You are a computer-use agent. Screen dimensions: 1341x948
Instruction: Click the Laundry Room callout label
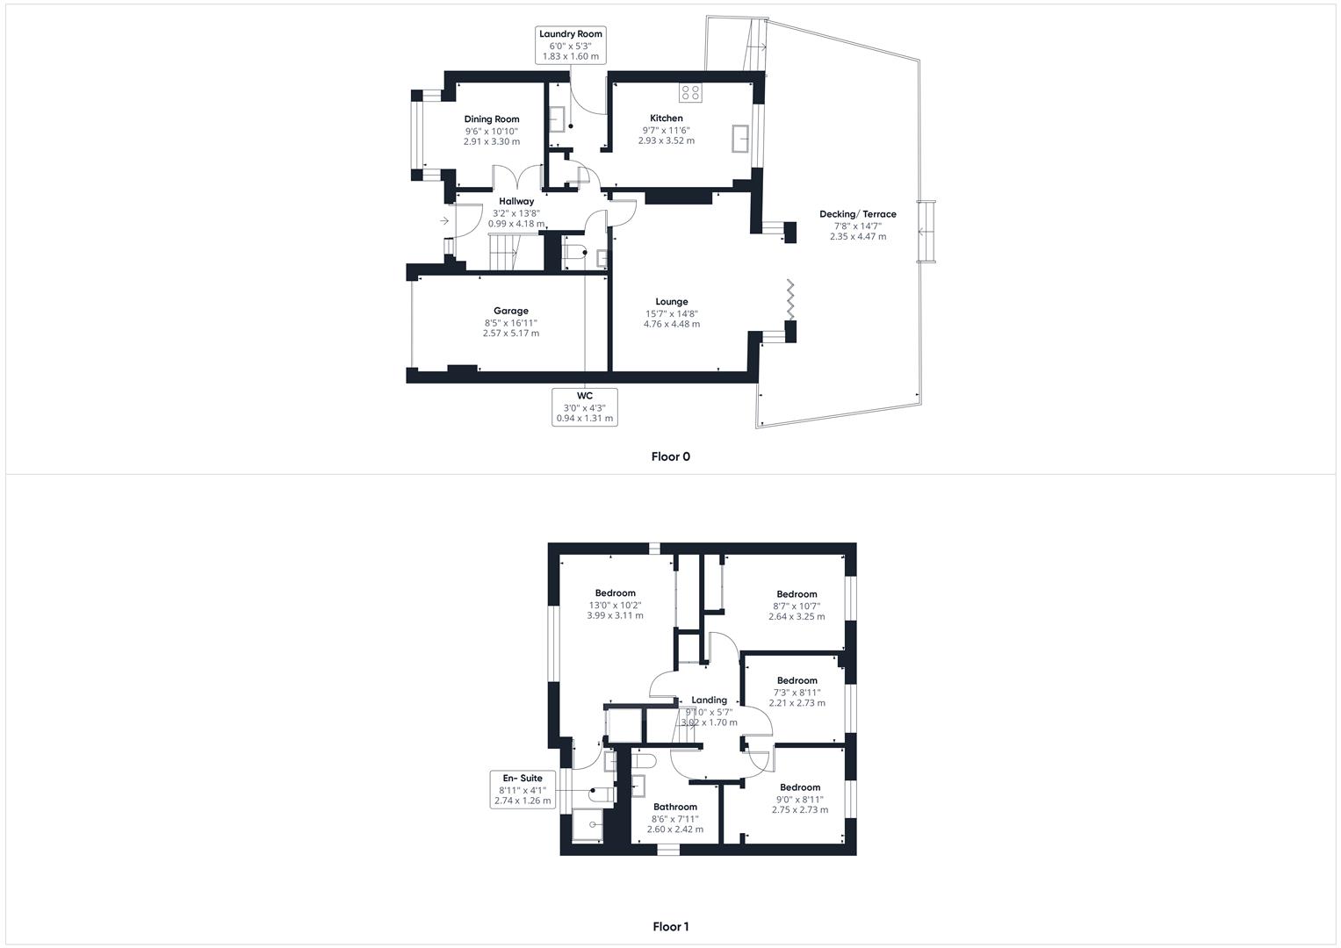pos(570,45)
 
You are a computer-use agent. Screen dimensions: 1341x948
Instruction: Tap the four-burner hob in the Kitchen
pos(690,92)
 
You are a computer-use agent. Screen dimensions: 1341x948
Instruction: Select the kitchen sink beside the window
pos(740,139)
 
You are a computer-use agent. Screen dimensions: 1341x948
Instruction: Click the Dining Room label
pos(492,119)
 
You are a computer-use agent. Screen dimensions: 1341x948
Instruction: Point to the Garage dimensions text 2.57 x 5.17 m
pos(510,334)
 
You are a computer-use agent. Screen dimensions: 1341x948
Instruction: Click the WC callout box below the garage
pos(584,407)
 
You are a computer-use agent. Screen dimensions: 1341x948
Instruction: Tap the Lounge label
pos(671,302)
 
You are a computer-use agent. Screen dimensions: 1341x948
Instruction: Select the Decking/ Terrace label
pos(857,214)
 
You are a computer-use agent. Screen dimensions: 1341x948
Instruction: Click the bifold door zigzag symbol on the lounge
pos(790,299)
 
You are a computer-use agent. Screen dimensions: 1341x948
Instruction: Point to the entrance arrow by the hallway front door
pos(444,221)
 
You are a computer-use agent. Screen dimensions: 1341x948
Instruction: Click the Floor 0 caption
pos(671,456)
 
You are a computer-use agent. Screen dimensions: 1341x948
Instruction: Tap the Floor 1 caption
pos(671,926)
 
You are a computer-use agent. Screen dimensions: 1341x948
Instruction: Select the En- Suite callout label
pos(522,778)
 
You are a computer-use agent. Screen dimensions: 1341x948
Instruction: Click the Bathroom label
pos(674,807)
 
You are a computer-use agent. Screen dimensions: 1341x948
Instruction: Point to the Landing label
pos(709,700)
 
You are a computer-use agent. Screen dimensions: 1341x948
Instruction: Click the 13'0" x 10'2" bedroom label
pos(615,605)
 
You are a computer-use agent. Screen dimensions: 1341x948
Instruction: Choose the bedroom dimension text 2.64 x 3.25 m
pos(797,616)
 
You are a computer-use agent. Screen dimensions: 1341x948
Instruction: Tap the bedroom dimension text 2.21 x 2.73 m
pos(797,702)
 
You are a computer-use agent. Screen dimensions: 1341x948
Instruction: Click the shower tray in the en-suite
pos(588,825)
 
